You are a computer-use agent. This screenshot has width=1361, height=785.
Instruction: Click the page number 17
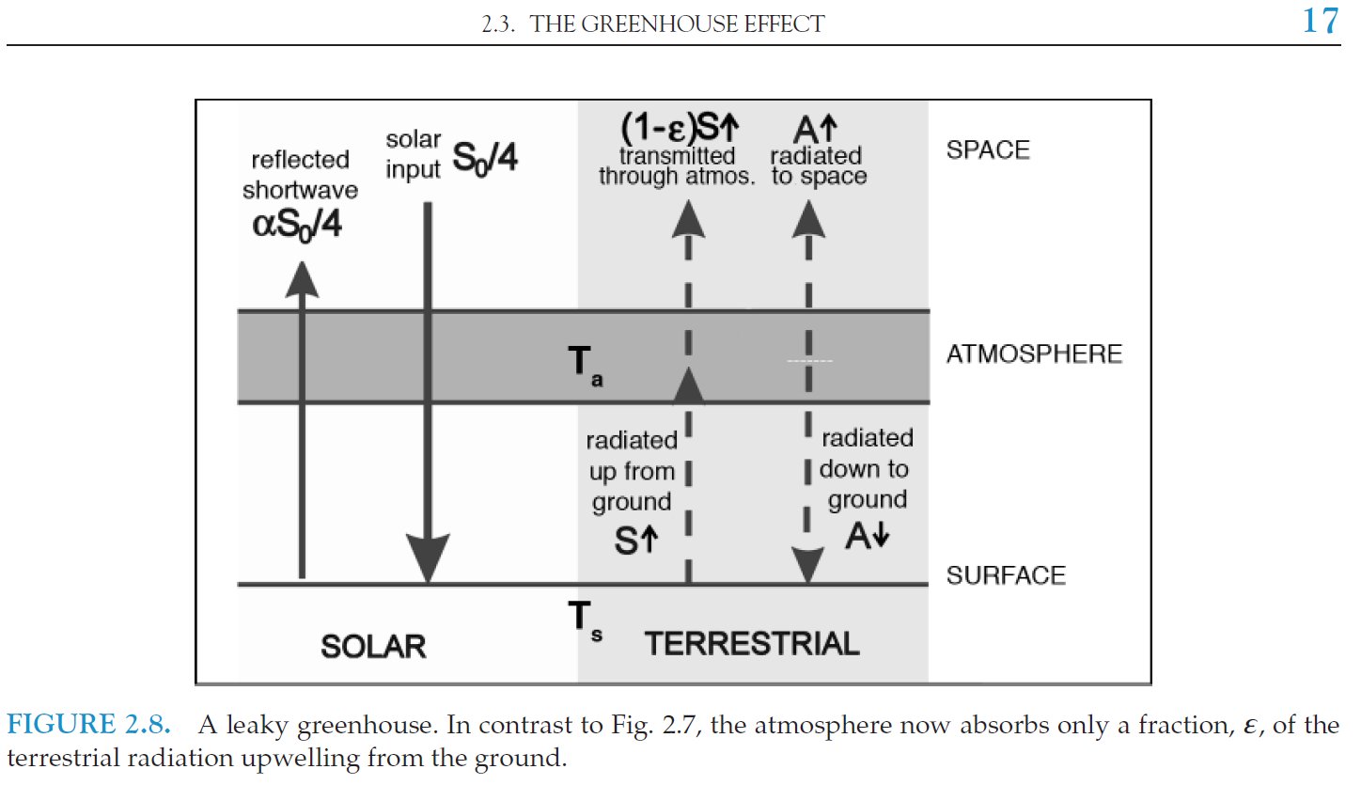point(1321,21)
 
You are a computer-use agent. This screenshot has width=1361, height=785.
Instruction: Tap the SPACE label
point(988,150)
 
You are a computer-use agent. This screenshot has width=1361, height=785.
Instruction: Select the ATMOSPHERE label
point(1034,354)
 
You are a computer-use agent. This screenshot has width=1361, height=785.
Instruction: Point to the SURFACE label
point(1006,575)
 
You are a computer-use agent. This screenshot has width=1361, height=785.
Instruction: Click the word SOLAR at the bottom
point(373,647)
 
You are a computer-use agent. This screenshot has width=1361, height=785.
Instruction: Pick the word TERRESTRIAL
point(752,644)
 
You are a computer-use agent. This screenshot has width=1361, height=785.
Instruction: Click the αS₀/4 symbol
point(297,226)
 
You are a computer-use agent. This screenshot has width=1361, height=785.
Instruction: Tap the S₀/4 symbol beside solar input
point(485,159)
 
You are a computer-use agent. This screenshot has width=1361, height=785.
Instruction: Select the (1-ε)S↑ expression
point(680,128)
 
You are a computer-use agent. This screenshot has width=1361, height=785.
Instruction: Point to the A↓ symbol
point(867,536)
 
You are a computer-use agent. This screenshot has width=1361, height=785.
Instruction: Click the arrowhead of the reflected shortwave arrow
point(302,279)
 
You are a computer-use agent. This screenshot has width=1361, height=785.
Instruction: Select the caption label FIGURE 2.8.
point(88,724)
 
